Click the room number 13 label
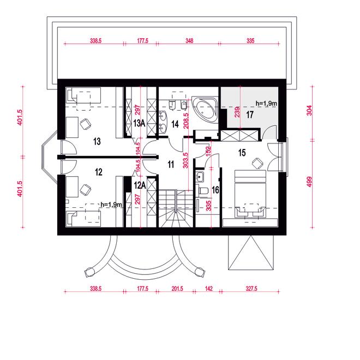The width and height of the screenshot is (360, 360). pos(97,141)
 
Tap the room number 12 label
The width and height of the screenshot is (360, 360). pos(99,172)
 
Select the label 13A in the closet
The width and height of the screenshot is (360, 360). pos(139,123)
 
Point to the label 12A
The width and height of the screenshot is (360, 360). pos(140,185)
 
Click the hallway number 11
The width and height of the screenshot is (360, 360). pos(171,164)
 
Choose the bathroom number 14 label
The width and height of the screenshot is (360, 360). pos(175,124)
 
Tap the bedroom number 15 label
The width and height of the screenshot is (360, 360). pos(242,153)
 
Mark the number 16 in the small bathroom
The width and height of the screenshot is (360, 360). pos(215,190)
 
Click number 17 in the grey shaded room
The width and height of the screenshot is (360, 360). pos(250,115)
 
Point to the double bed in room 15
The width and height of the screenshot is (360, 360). pos(250,194)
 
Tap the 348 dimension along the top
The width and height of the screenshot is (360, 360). pos(189,41)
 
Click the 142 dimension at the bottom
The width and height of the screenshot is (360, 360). pos(209,289)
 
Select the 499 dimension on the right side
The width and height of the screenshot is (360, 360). pos(309,182)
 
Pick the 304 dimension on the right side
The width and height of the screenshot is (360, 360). pos(309,110)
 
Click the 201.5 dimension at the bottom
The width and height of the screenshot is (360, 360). pos(177,289)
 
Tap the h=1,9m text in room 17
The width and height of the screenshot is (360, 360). pos(266,104)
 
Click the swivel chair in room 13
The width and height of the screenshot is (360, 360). pos(85,124)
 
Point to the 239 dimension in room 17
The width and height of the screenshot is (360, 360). pos(237,112)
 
